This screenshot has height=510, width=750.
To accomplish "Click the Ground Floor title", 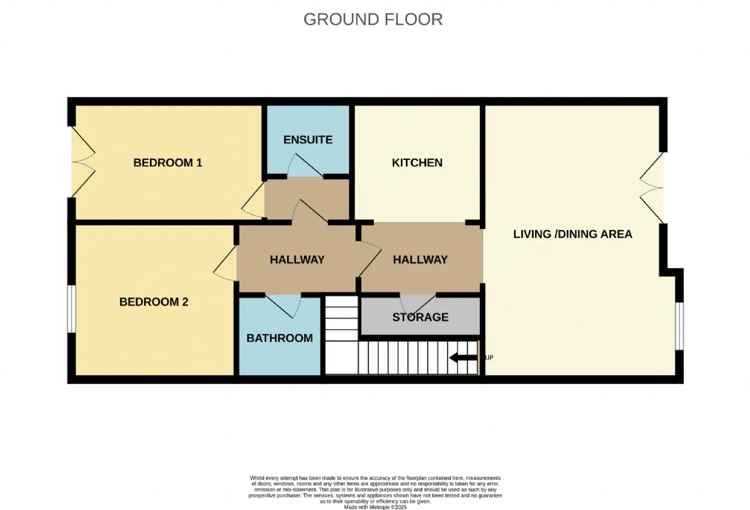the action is [373, 19].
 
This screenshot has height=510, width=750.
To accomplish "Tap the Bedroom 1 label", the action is [168, 163].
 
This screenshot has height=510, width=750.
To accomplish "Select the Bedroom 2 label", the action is [154, 302].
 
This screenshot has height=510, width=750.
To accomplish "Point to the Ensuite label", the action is [308, 139].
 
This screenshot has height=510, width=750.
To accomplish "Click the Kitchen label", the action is [417, 163].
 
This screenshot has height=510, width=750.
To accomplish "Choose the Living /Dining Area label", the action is [573, 234].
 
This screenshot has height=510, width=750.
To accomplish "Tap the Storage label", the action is [420, 317].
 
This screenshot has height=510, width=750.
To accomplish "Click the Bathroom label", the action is [279, 338].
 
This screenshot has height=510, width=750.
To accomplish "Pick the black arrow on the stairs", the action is [463, 358].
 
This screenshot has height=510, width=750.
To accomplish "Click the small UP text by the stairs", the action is [489, 358].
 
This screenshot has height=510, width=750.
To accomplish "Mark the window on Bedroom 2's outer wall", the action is [71, 309].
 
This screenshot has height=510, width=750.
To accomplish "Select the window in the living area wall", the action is [679, 326].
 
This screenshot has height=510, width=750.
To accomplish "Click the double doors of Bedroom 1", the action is [83, 162].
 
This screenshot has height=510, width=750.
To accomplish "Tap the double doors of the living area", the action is [652, 188].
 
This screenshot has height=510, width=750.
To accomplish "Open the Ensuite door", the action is [305, 165].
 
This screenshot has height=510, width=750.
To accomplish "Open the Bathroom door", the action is [283, 306].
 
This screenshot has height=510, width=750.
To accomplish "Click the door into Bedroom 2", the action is [225, 263].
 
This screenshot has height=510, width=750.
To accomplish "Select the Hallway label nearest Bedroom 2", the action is [297, 260].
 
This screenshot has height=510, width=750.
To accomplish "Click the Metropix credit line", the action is [376, 507].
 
